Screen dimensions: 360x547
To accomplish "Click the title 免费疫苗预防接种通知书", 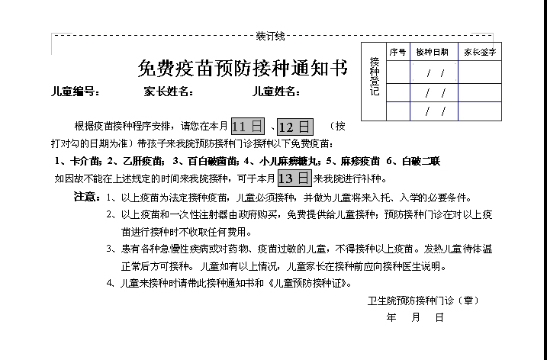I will (x=242, y=69).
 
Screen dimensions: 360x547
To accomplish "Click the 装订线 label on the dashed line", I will (x=270, y=36).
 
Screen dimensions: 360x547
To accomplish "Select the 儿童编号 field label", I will (x=75, y=92).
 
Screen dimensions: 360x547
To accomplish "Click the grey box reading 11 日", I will (x=247, y=127).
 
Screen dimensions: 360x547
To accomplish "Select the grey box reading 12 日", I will (x=294, y=127).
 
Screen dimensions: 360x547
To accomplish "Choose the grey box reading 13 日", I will (x=294, y=178).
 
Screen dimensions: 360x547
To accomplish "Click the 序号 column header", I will (x=397, y=52).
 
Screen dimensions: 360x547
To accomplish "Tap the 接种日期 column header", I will (x=433, y=52).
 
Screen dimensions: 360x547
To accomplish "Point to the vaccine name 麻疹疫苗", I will (x=356, y=162).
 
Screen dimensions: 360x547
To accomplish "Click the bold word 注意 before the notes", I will (x=86, y=197).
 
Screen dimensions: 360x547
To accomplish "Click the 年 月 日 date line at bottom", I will (x=415, y=318).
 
